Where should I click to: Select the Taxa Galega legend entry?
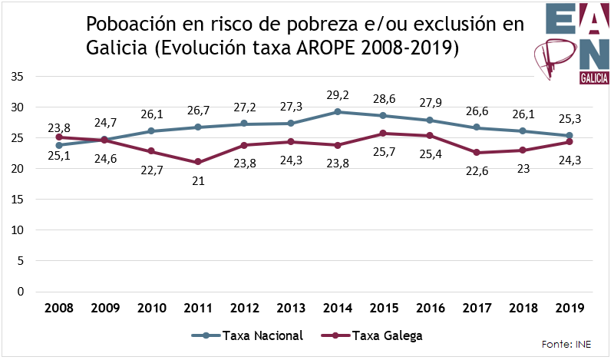click(x=375, y=335)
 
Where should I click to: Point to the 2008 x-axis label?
click(x=59, y=309)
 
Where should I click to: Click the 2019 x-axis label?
click(x=569, y=309)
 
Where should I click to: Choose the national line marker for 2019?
click(x=569, y=136)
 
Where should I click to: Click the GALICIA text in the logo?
click(x=595, y=79)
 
